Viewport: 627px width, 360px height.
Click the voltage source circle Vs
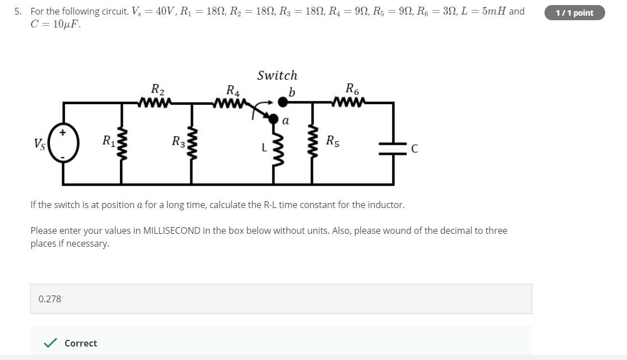pos(63,143)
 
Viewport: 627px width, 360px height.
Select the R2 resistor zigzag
pos(154,103)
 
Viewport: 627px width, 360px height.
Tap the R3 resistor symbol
pos(192,144)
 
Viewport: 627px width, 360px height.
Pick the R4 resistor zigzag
pos(229,103)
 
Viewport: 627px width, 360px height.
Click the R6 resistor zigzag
pos(349,102)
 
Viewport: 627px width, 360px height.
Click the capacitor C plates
pos(393,148)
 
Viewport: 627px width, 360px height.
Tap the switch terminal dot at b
pos(283,102)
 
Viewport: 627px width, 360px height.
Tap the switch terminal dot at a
pos(273,119)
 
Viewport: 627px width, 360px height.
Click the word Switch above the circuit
pos(277,75)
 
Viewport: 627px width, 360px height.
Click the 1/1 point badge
pos(574,13)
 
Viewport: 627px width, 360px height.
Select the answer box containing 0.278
pos(280,299)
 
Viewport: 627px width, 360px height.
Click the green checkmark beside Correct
pos(50,343)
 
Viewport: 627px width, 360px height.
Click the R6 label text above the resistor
pos(352,89)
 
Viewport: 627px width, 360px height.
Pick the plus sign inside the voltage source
pos(63,132)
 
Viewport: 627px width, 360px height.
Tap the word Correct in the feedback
pos(81,343)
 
